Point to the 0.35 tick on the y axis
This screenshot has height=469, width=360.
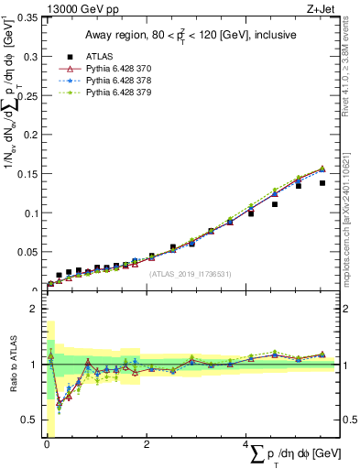tap(27, 17)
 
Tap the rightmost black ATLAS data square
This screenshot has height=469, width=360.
tap(322, 183)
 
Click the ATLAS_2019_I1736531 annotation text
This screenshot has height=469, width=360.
tap(191, 273)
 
